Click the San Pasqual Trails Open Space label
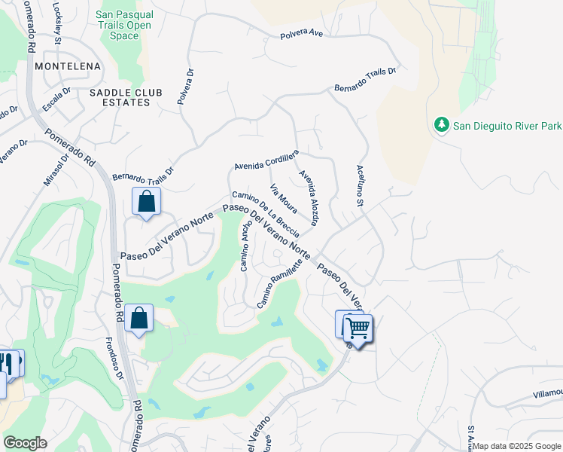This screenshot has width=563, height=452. [125, 25]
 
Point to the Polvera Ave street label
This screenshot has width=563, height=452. [301, 35]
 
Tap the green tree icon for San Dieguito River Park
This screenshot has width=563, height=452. [441, 124]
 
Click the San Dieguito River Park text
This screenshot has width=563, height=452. [507, 125]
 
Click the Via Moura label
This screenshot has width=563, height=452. [283, 198]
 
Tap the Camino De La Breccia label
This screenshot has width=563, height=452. [266, 213]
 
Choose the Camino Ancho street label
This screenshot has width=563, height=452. [245, 246]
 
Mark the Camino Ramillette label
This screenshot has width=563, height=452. [280, 283]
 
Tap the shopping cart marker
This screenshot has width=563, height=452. [358, 328]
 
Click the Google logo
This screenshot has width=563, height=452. [25, 443]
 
